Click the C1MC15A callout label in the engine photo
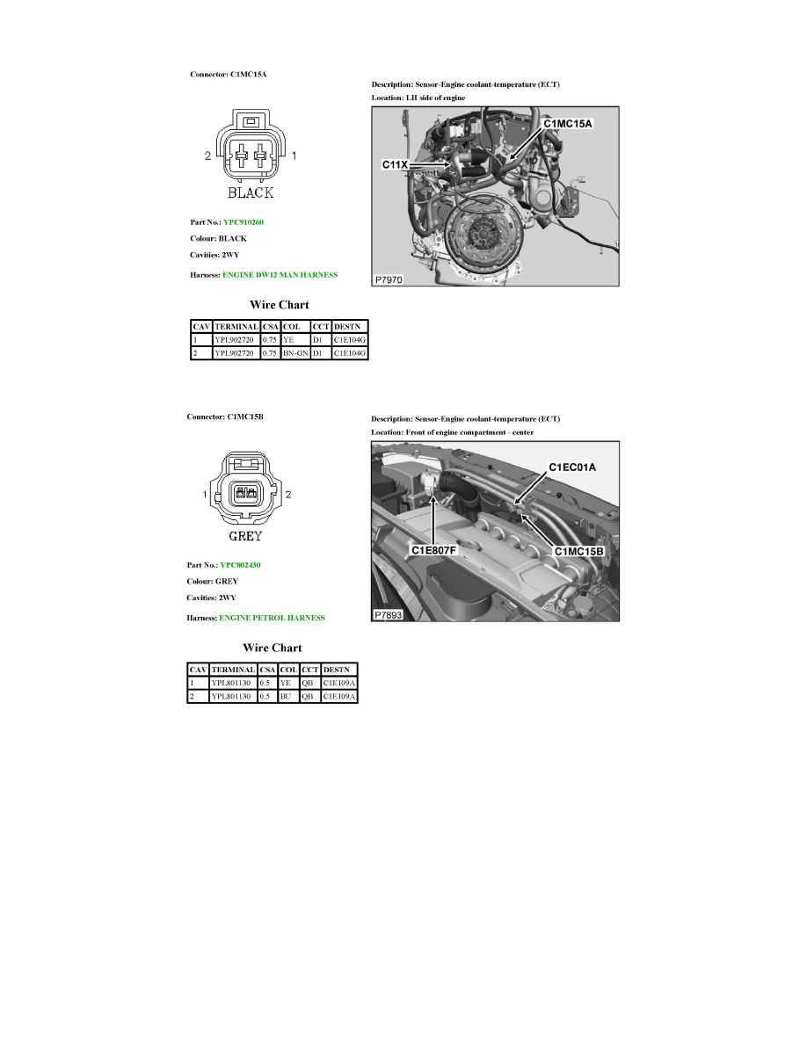tap(568, 124)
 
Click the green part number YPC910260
tap(244, 222)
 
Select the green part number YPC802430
tap(240, 565)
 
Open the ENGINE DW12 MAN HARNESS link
tap(280, 275)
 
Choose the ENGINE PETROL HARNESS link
tap(272, 618)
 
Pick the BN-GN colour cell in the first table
tap(294, 353)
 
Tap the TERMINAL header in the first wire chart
tap(236, 325)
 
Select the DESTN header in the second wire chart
tap(338, 669)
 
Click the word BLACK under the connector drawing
tap(251, 192)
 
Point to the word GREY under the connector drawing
tap(244, 535)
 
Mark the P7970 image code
tap(389, 279)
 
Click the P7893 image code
tap(388, 615)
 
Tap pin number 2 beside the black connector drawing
tap(208, 156)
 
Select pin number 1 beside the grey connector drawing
tap(206, 495)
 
